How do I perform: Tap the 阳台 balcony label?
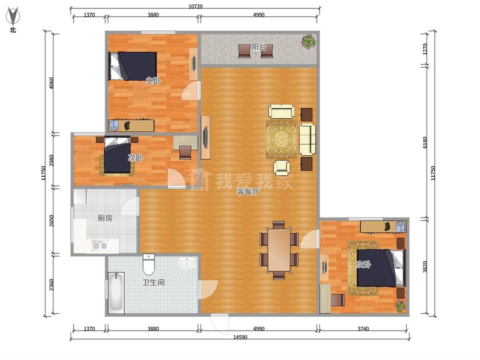click(x=259, y=47)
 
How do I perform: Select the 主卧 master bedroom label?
click(x=153, y=81)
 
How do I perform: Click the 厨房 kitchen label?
click(x=105, y=218)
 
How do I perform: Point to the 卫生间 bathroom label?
click(x=153, y=282)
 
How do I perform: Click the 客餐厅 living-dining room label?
click(x=248, y=192)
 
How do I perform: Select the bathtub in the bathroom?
click(x=116, y=292)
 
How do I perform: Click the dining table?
click(x=279, y=250)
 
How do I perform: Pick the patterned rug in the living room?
click(x=281, y=139)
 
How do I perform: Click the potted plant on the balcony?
click(x=308, y=41)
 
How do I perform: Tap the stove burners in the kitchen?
click(x=100, y=246)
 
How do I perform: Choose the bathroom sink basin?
click(x=187, y=263)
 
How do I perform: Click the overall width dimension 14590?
click(x=240, y=337)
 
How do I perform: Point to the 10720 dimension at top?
click(x=195, y=6)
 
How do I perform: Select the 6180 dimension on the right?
click(x=425, y=142)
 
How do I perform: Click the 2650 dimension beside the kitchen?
click(x=52, y=221)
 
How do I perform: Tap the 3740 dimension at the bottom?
click(x=363, y=329)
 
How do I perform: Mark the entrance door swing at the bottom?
click(x=220, y=324)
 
